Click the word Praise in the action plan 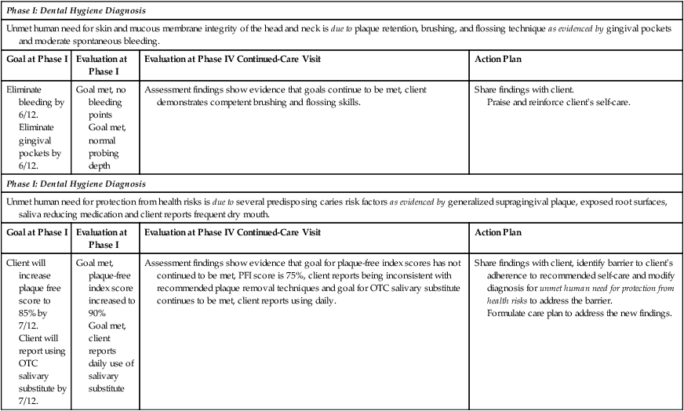[502, 103]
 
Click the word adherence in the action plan [499, 276]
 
